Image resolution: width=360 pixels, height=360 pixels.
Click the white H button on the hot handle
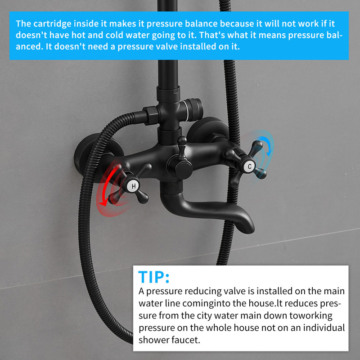133,186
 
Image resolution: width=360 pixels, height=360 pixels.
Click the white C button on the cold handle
250,166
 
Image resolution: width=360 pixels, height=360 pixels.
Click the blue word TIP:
154,277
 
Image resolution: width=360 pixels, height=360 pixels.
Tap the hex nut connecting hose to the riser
152,116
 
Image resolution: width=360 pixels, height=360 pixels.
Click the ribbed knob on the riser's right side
194,110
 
